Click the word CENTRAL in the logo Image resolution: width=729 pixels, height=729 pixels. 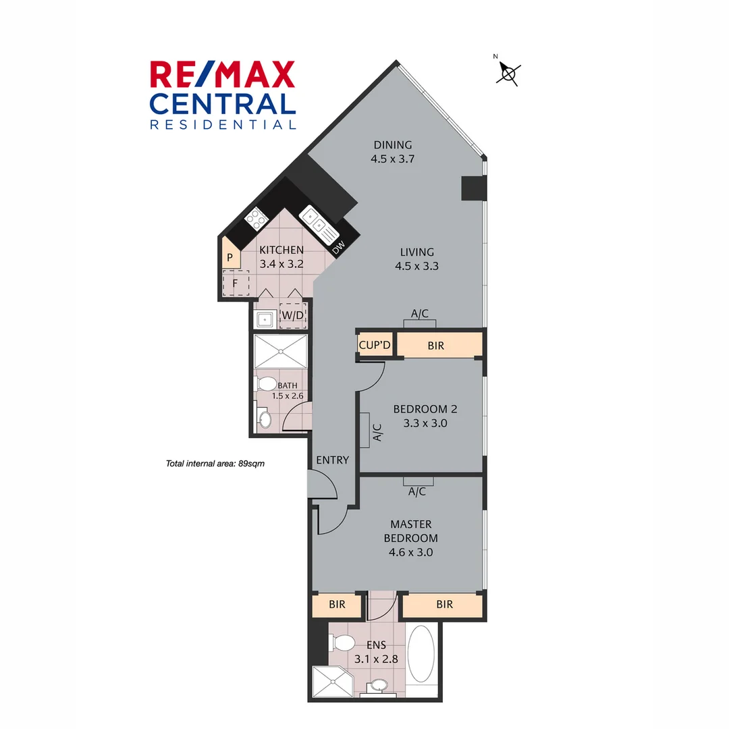223,103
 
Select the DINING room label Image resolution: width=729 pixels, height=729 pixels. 392,145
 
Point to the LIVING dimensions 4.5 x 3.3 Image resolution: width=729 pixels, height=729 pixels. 416,266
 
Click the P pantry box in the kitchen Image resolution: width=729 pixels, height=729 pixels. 230,257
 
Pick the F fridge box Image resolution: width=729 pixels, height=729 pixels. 236,283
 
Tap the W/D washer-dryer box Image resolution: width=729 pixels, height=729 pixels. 293,315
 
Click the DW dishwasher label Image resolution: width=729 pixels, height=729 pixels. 339,248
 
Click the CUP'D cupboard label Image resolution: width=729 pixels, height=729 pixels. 375,346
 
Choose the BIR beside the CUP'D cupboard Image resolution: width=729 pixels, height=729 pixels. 436,346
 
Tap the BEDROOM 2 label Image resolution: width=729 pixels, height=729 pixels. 421,409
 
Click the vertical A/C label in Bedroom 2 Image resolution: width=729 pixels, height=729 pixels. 377,433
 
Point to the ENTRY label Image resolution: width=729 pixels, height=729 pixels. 332,460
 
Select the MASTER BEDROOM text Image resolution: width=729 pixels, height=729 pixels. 410,531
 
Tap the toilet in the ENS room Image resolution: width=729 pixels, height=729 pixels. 346,641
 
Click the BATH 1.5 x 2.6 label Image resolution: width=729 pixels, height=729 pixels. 287,391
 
